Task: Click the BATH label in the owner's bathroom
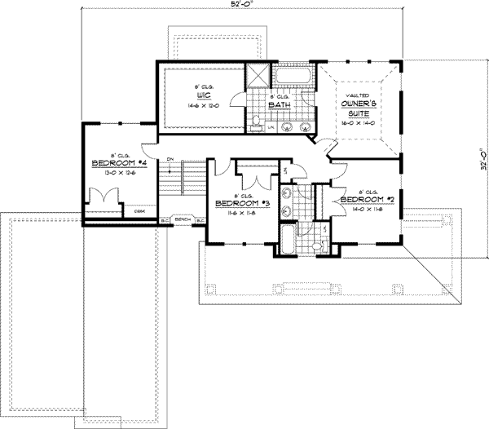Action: [281, 104]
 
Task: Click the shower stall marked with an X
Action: [258, 74]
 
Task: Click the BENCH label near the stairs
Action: [182, 220]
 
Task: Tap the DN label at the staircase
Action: [170, 158]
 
